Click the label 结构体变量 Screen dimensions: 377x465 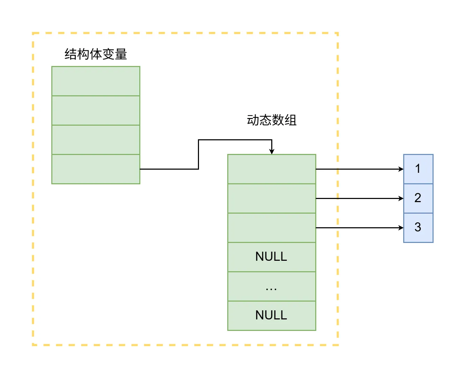(96, 54)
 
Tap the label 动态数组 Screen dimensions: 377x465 (271, 120)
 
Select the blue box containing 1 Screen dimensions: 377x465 (418, 169)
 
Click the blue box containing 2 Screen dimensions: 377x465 (418, 198)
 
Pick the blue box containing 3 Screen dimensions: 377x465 (418, 228)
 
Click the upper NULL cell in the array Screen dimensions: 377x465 (271, 257)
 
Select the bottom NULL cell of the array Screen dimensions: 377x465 (271, 316)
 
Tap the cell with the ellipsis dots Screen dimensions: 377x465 (271, 286)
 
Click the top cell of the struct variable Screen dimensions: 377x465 (96, 81)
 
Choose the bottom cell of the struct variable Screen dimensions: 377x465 (96, 169)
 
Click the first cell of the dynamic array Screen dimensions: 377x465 (271, 169)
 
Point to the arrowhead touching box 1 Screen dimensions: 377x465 (401, 169)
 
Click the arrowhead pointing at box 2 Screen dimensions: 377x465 (401, 198)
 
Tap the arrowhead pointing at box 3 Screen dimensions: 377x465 (401, 228)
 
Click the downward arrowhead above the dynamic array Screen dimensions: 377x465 (272, 151)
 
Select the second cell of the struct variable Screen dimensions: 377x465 (96, 110)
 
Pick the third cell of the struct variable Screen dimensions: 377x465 (96, 140)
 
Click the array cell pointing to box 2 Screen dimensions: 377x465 (271, 198)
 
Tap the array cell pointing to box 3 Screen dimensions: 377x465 (271, 228)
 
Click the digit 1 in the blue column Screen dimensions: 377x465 (418, 169)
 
